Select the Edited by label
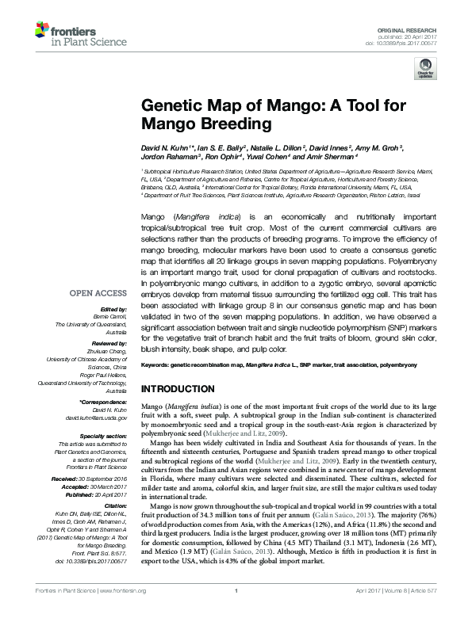[x=111, y=308]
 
